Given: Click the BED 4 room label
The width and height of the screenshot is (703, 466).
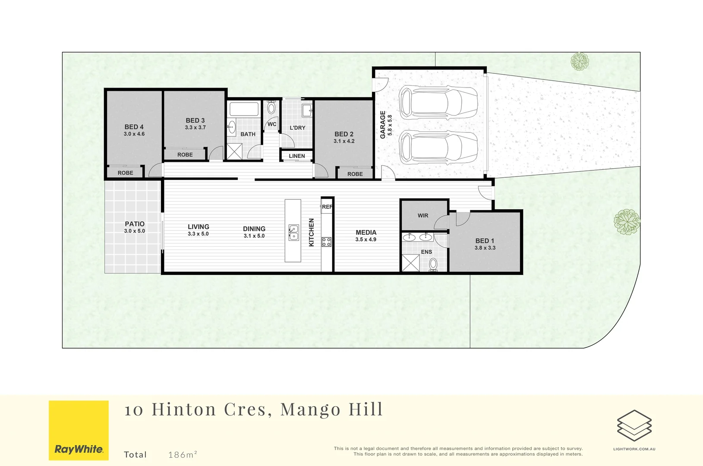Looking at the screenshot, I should point(134,127).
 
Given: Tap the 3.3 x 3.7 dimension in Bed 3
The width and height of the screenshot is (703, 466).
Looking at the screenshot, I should point(195,128).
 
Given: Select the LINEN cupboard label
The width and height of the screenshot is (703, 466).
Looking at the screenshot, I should point(297,156).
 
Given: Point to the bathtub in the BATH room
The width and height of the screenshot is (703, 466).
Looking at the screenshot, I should point(244,109).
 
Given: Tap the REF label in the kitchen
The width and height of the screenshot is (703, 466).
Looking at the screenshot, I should point(327,207).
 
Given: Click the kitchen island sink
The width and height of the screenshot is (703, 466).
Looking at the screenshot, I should point(293,232).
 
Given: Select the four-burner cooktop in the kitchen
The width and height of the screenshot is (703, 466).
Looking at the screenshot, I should point(327,242).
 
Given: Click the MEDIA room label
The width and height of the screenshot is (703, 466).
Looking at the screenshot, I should point(366,233).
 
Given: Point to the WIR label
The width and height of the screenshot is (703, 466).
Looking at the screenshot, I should point(423,216).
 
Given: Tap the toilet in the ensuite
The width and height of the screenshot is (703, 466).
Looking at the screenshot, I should point(433,264).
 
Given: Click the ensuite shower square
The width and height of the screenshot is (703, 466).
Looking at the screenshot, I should point(410,263).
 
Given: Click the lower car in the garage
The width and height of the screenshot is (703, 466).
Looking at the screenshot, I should point(438,148).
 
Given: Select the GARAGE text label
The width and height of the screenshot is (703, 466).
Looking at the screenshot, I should point(383,125).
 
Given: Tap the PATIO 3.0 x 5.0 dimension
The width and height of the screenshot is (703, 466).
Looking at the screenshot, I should point(135,231).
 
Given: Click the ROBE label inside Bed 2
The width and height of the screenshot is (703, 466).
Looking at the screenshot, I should point(355,174).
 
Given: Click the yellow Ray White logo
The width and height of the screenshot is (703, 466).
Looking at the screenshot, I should point(79,430).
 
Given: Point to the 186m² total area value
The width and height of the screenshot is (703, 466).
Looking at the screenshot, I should point(183,454).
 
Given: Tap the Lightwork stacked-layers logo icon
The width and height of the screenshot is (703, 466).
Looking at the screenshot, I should point(634,425).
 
